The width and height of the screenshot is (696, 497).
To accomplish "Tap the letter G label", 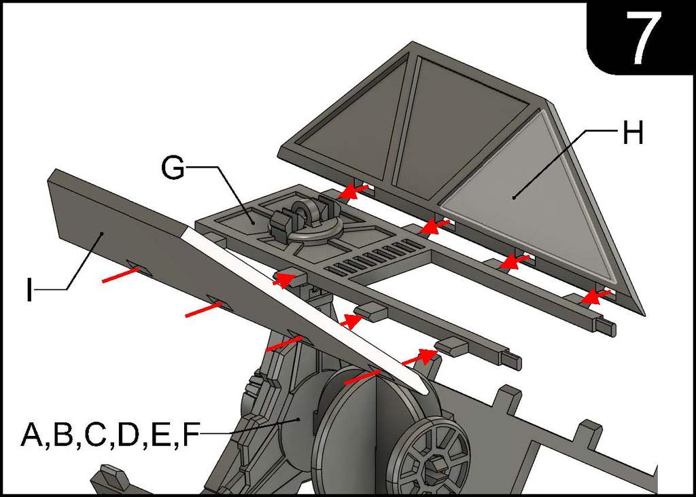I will pos(173,168).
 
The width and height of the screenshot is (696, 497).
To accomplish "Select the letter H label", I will pos(632,134).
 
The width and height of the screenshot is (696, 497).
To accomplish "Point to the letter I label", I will pos(28,289).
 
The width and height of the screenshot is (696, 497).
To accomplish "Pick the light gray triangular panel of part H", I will pos(537,204).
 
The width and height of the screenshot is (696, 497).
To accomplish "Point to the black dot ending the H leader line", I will pos(515,198).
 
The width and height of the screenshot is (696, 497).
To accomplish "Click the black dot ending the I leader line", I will pos(101,234).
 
